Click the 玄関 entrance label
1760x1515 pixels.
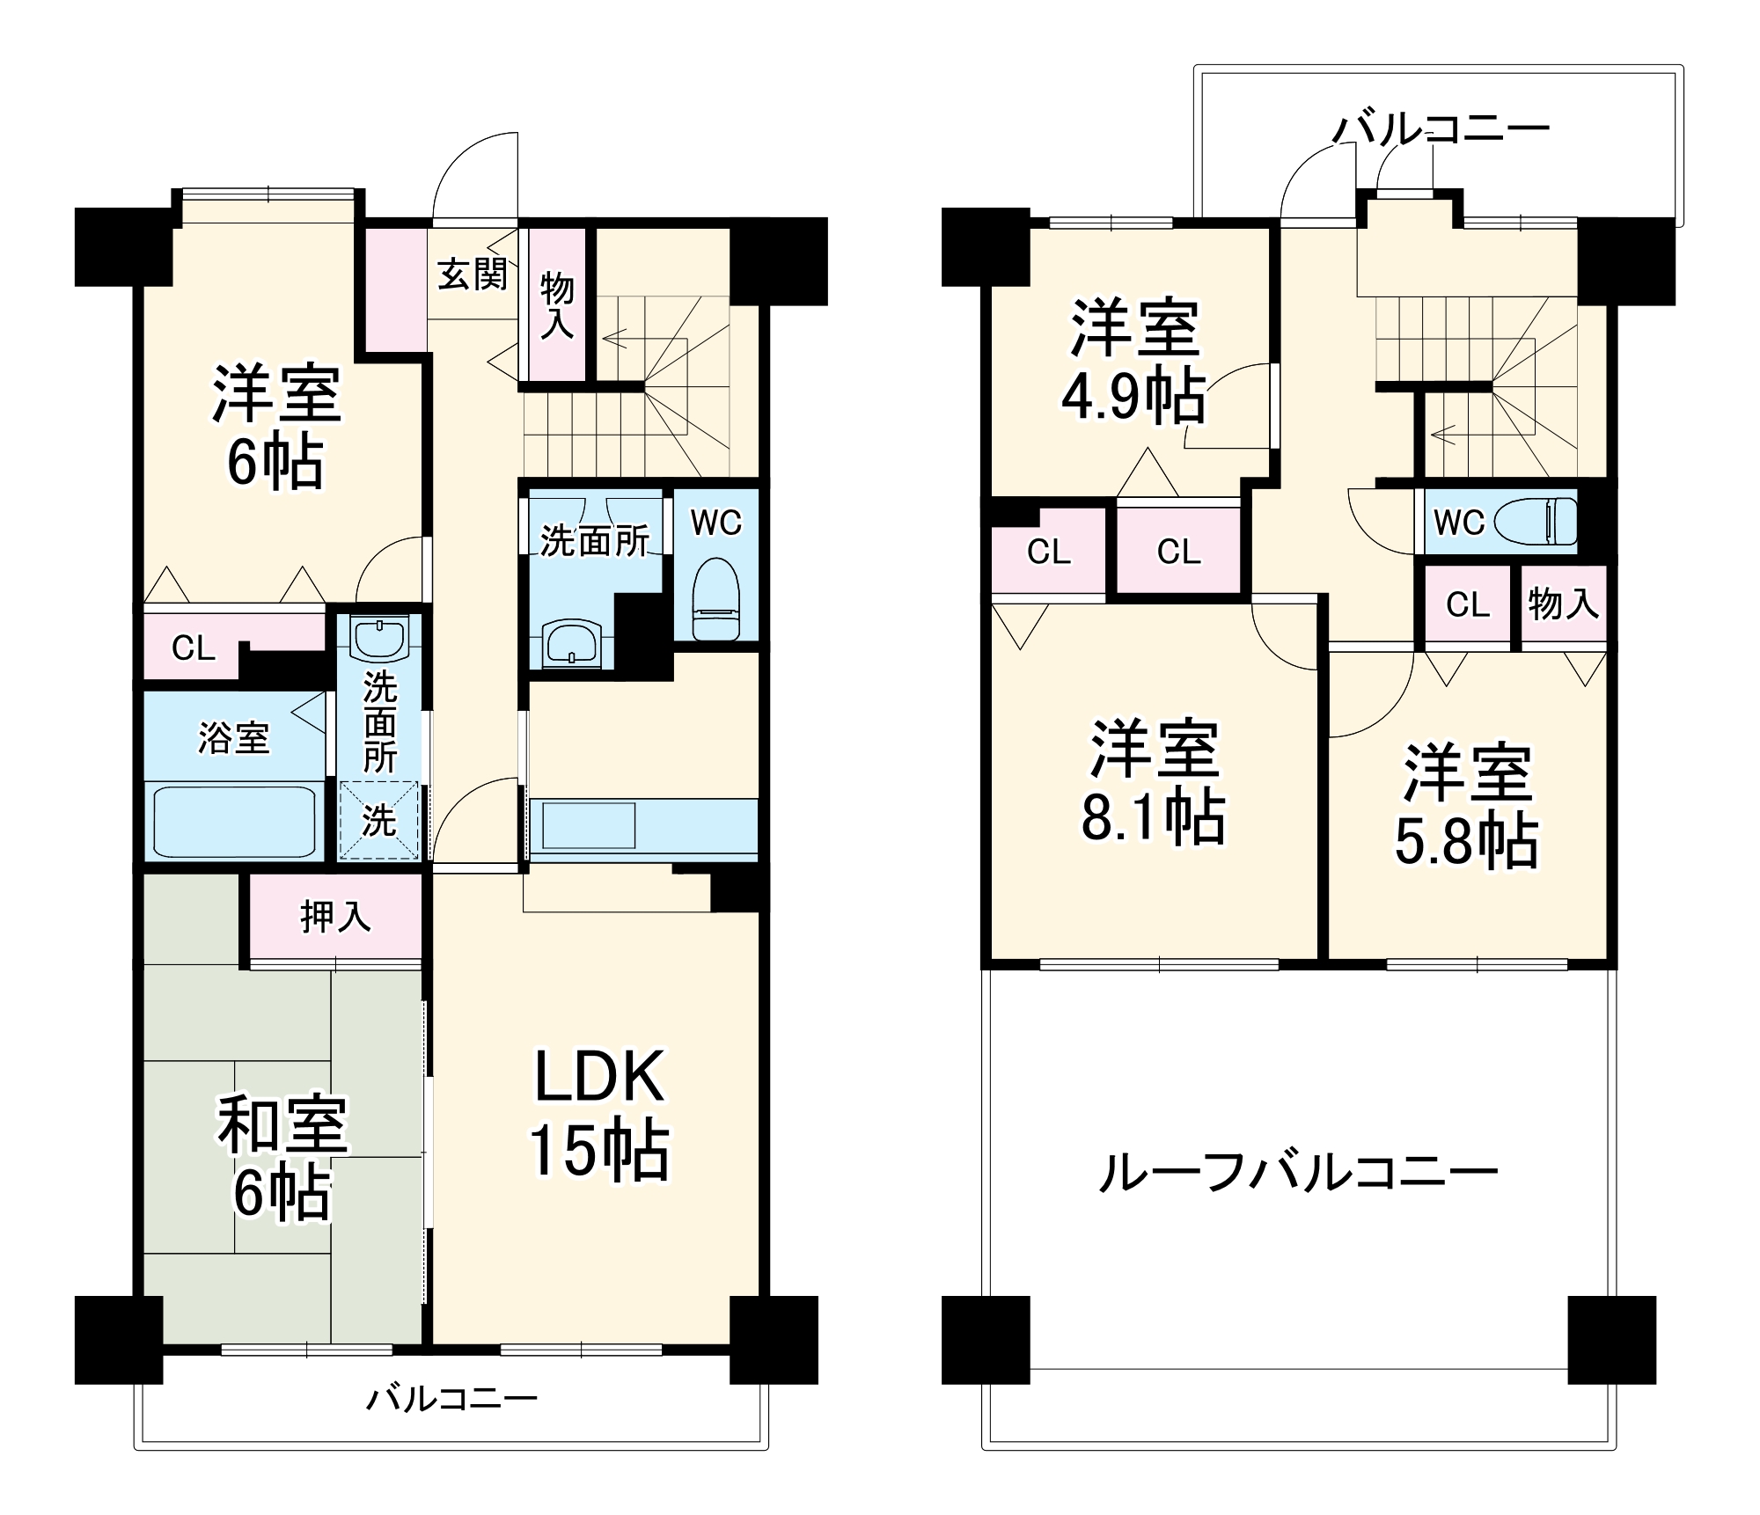tap(473, 274)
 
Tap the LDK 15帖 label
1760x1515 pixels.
tap(599, 1112)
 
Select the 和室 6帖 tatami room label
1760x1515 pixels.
tap(282, 1156)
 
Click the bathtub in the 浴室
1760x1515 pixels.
tap(235, 820)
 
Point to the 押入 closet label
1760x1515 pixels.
tap(335, 917)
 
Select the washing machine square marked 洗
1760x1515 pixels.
tap(380, 821)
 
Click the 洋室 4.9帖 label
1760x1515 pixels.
tap(1133, 362)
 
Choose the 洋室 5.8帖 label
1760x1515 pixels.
tap(1467, 806)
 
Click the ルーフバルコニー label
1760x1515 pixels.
tap(1298, 1173)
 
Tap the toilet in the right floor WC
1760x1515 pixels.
tap(1536, 522)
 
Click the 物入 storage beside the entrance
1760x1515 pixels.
tap(556, 304)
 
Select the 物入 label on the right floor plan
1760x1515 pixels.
tap(1563, 604)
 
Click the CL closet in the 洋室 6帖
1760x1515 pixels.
tap(193, 648)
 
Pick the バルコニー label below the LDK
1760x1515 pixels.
tap(451, 1398)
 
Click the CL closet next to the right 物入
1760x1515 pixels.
tap(1467, 604)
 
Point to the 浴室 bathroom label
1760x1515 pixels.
tap(233, 737)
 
